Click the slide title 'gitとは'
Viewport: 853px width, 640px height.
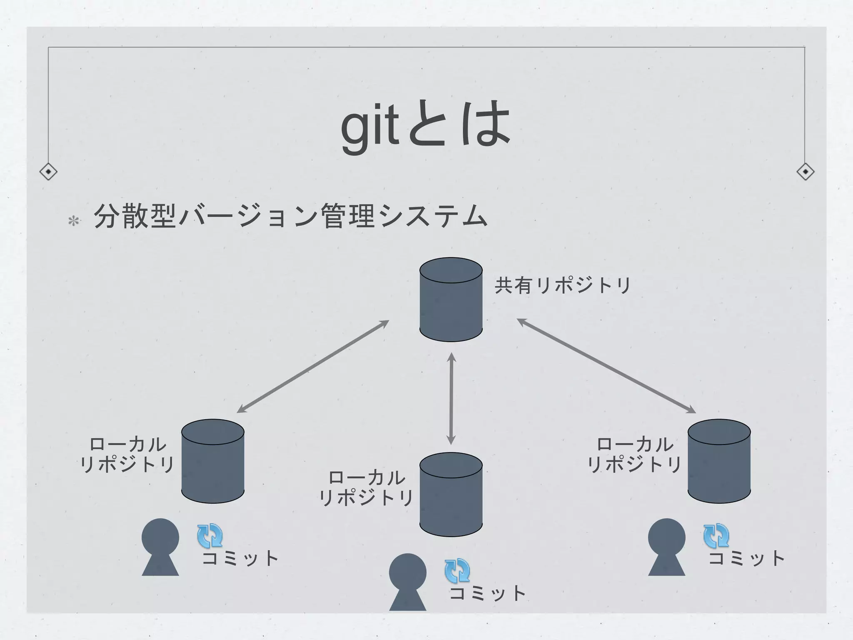426,125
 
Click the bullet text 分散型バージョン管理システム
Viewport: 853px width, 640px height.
290,217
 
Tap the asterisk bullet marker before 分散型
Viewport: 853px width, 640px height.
74,221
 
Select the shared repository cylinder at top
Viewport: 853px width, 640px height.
451,299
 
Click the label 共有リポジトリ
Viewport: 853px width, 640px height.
562,286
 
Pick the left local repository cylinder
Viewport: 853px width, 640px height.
213,461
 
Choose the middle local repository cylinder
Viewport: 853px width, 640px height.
451,494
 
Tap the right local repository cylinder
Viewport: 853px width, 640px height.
719,461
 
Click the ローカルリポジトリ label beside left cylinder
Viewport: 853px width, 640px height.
127,454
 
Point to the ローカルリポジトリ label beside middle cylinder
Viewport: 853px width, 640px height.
367,487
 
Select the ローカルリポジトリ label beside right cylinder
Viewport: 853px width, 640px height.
634,454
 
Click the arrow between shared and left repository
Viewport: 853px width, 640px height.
313,367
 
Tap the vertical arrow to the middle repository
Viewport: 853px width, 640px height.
451,399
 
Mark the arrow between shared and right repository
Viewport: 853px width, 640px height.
606,366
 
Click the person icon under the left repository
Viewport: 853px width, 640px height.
160,547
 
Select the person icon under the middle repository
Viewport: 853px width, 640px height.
408,582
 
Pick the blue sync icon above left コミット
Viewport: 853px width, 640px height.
210,536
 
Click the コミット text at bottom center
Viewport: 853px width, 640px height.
487,593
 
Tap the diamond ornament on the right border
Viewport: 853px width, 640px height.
805,172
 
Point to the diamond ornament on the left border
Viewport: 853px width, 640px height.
48,172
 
